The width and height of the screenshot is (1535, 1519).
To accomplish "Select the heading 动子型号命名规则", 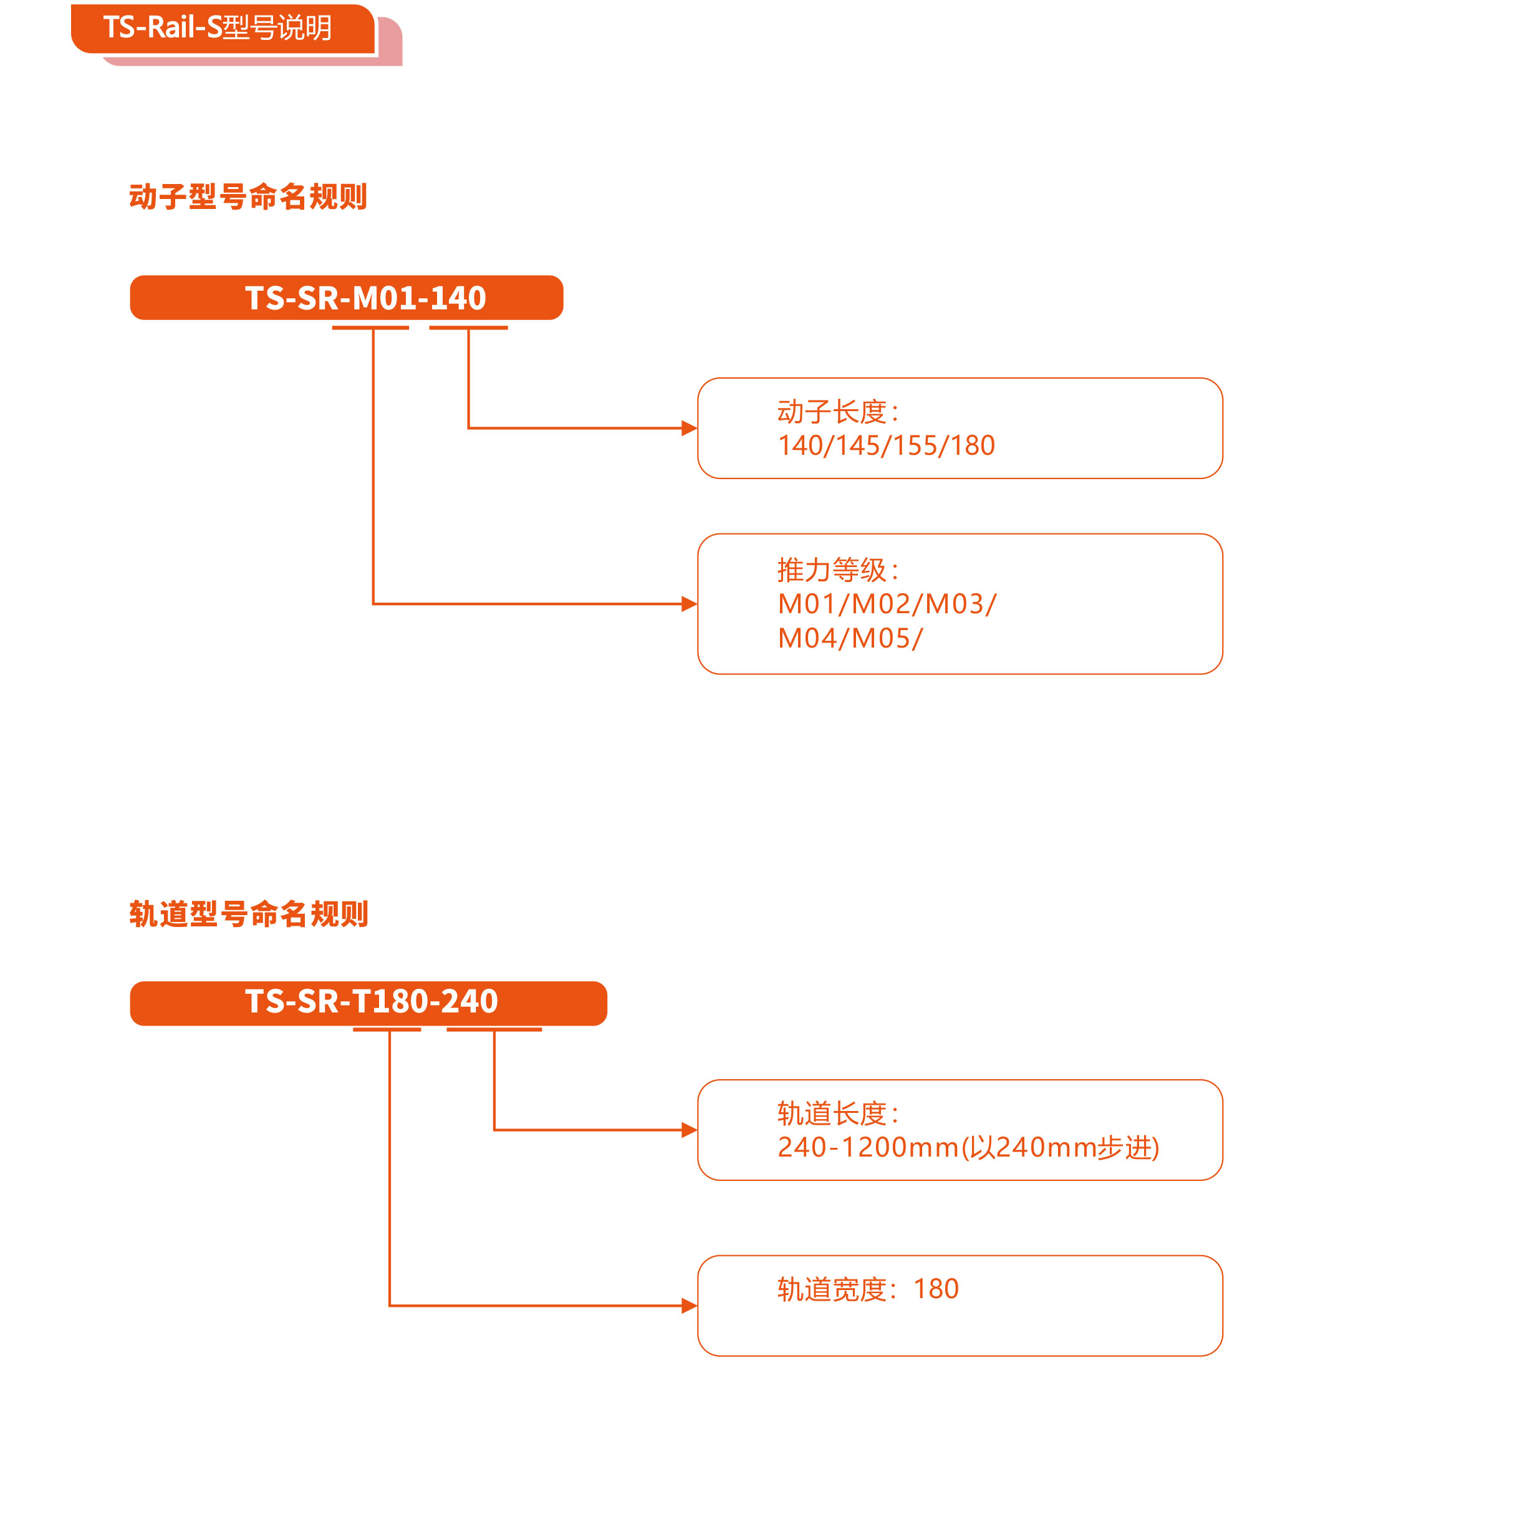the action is click(248, 197).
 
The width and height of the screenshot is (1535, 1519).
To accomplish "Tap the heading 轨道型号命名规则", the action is click(249, 913).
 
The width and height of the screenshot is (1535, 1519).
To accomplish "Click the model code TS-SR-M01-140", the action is click(365, 298).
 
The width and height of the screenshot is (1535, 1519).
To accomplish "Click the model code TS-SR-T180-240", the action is click(371, 1001).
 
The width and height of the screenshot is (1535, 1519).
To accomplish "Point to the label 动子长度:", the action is click(838, 412).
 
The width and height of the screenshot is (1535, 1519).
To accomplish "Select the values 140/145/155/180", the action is click(886, 445).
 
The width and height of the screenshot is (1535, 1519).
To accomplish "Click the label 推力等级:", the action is click(838, 570).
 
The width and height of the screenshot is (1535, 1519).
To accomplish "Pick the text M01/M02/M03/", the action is click(887, 604).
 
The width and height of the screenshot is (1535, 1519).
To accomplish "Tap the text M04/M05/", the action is click(850, 638).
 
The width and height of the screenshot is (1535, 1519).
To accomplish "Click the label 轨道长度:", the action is click(838, 1114).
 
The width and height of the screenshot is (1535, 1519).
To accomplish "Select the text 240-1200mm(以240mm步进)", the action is click(968, 1147).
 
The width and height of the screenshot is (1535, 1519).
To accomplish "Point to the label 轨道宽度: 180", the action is click(868, 1288).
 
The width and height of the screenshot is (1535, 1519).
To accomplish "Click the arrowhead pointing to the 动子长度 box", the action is click(690, 429).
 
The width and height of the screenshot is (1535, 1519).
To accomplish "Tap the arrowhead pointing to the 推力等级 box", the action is click(690, 604).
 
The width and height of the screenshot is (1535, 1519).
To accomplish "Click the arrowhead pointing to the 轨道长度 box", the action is click(690, 1130).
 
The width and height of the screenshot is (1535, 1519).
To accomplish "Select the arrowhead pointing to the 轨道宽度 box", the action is click(690, 1305).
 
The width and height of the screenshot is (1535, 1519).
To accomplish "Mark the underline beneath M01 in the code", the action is click(370, 328).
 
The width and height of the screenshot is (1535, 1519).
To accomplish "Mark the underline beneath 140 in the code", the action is click(468, 328).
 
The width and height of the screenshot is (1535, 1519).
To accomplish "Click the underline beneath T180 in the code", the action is click(387, 1029).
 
